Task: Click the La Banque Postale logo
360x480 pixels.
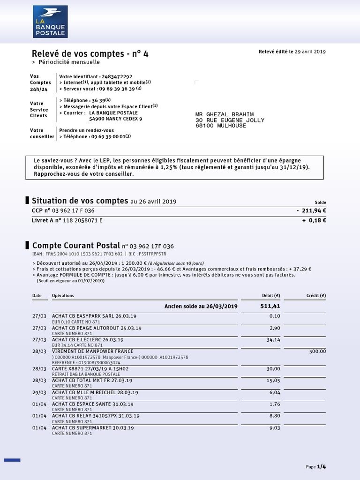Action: click(51, 22)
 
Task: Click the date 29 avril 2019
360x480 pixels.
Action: click(310, 52)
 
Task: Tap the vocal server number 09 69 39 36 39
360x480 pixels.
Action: click(116, 89)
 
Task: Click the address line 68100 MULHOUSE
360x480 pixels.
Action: click(220, 126)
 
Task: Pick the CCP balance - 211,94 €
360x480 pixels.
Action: click(311, 211)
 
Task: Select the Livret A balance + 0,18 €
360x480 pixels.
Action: click(314, 220)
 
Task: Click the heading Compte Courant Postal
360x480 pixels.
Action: click(76, 245)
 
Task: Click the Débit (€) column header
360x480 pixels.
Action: click(271, 296)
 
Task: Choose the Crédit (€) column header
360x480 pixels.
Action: click(316, 296)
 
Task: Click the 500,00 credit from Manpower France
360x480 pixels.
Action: click(317, 351)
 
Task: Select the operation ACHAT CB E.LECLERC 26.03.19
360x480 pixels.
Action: click(88, 339)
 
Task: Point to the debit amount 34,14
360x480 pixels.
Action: click(273, 340)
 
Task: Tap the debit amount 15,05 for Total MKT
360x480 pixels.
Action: click(273, 381)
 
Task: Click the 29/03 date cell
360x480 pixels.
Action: click(39, 392)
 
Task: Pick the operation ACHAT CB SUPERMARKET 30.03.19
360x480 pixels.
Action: click(93, 427)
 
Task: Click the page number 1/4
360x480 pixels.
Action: click(321, 466)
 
